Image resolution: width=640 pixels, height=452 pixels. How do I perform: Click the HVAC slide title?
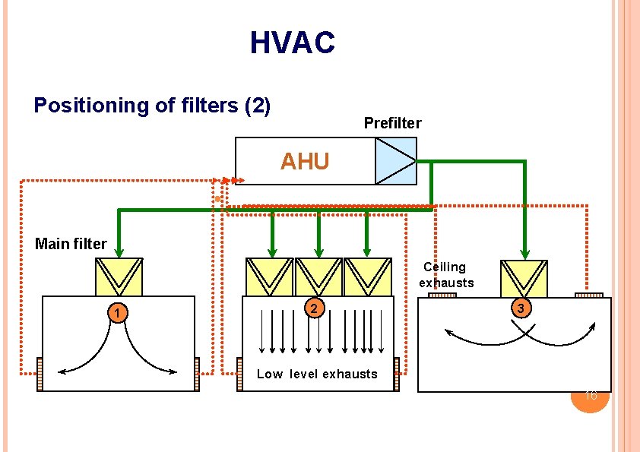tap(292, 43)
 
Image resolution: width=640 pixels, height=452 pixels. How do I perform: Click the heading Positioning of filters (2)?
tap(152, 105)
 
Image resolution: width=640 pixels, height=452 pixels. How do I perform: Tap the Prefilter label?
tap(392, 123)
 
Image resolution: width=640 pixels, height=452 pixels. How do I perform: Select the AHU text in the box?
tap(305, 162)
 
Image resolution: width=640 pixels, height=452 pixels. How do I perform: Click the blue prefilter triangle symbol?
tap(395, 161)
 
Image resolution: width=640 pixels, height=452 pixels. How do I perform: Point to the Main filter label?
tap(71, 244)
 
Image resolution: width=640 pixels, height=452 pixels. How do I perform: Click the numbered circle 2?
tap(315, 308)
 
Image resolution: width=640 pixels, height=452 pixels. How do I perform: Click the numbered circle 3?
tap(520, 309)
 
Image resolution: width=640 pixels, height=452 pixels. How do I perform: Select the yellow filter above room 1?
tap(119, 277)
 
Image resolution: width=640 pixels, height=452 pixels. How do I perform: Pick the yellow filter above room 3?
tap(524, 278)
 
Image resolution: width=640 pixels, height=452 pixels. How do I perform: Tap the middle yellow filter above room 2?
tap(318, 277)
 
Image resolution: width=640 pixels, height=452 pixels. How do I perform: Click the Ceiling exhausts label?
tap(446, 275)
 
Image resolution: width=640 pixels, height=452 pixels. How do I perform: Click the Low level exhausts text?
tap(317, 374)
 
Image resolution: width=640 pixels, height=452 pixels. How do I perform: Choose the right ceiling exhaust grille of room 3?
tap(588, 295)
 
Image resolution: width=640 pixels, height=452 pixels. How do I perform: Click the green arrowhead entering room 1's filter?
tap(119, 251)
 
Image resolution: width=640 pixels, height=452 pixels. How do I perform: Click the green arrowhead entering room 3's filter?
tap(524, 253)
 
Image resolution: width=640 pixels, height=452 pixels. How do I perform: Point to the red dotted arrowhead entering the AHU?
tap(238, 181)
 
